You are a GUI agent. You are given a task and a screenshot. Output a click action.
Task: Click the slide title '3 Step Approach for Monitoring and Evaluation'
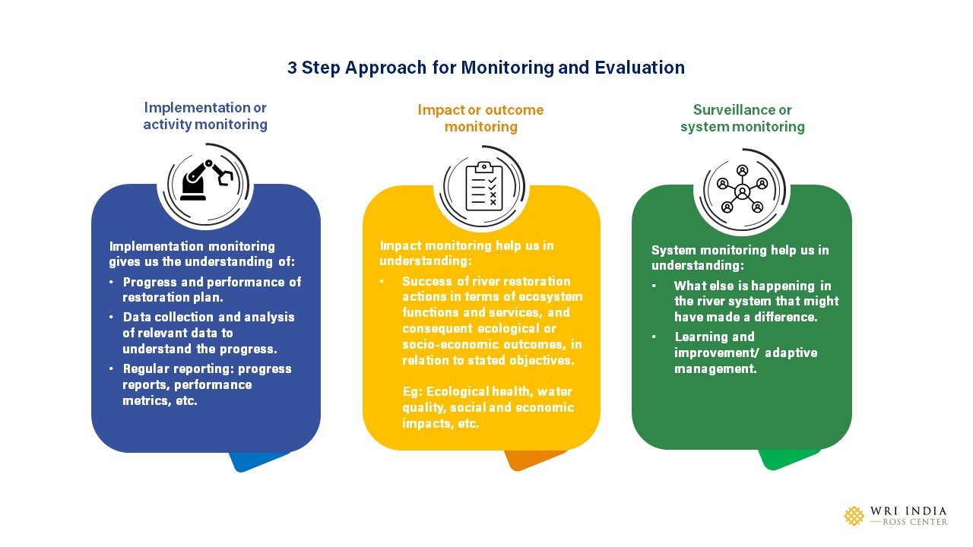pyautogui.click(x=486, y=68)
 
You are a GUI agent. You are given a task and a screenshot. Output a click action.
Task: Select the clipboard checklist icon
pyautogui.click(x=484, y=187)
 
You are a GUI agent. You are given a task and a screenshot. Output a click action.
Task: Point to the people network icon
pyautogui.click(x=743, y=189)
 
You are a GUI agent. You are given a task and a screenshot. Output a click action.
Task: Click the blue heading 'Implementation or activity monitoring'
pyautogui.click(x=205, y=116)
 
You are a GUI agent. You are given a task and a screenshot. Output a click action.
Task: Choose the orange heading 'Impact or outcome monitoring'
pyautogui.click(x=481, y=118)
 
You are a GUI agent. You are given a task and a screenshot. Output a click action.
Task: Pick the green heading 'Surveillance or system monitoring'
pyautogui.click(x=743, y=118)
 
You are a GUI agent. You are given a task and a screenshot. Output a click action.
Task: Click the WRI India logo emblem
pyautogui.click(x=854, y=516)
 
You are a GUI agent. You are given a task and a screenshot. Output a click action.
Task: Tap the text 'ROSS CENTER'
pyautogui.click(x=915, y=522)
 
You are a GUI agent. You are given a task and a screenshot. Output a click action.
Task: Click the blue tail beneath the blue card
pyautogui.click(x=258, y=461)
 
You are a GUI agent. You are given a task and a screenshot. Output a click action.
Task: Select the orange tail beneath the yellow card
pyautogui.click(x=534, y=460)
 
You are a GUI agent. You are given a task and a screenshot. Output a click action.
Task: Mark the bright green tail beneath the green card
pyautogui.click(x=788, y=460)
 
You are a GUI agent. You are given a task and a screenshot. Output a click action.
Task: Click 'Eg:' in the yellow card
pyautogui.click(x=412, y=392)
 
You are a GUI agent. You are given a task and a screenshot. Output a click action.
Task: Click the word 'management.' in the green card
pyautogui.click(x=715, y=369)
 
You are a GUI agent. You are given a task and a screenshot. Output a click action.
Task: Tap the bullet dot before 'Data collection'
pyautogui.click(x=112, y=317)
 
